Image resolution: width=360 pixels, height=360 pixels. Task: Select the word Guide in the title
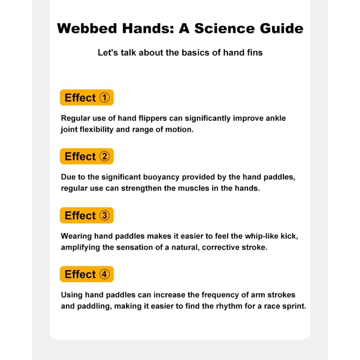[x=282, y=28]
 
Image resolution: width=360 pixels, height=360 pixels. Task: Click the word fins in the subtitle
[x=254, y=53]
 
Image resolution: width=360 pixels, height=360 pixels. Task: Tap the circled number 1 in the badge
[x=105, y=97]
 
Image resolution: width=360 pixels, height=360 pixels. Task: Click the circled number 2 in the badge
[x=105, y=156]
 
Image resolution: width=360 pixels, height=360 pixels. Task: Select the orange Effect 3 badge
[x=86, y=216]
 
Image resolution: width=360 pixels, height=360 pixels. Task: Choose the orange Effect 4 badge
[x=86, y=274]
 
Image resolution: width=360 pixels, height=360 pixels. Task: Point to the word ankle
[x=276, y=118]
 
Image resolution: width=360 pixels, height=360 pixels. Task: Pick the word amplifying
[x=80, y=247]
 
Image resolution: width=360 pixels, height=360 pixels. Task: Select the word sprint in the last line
[x=295, y=306]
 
